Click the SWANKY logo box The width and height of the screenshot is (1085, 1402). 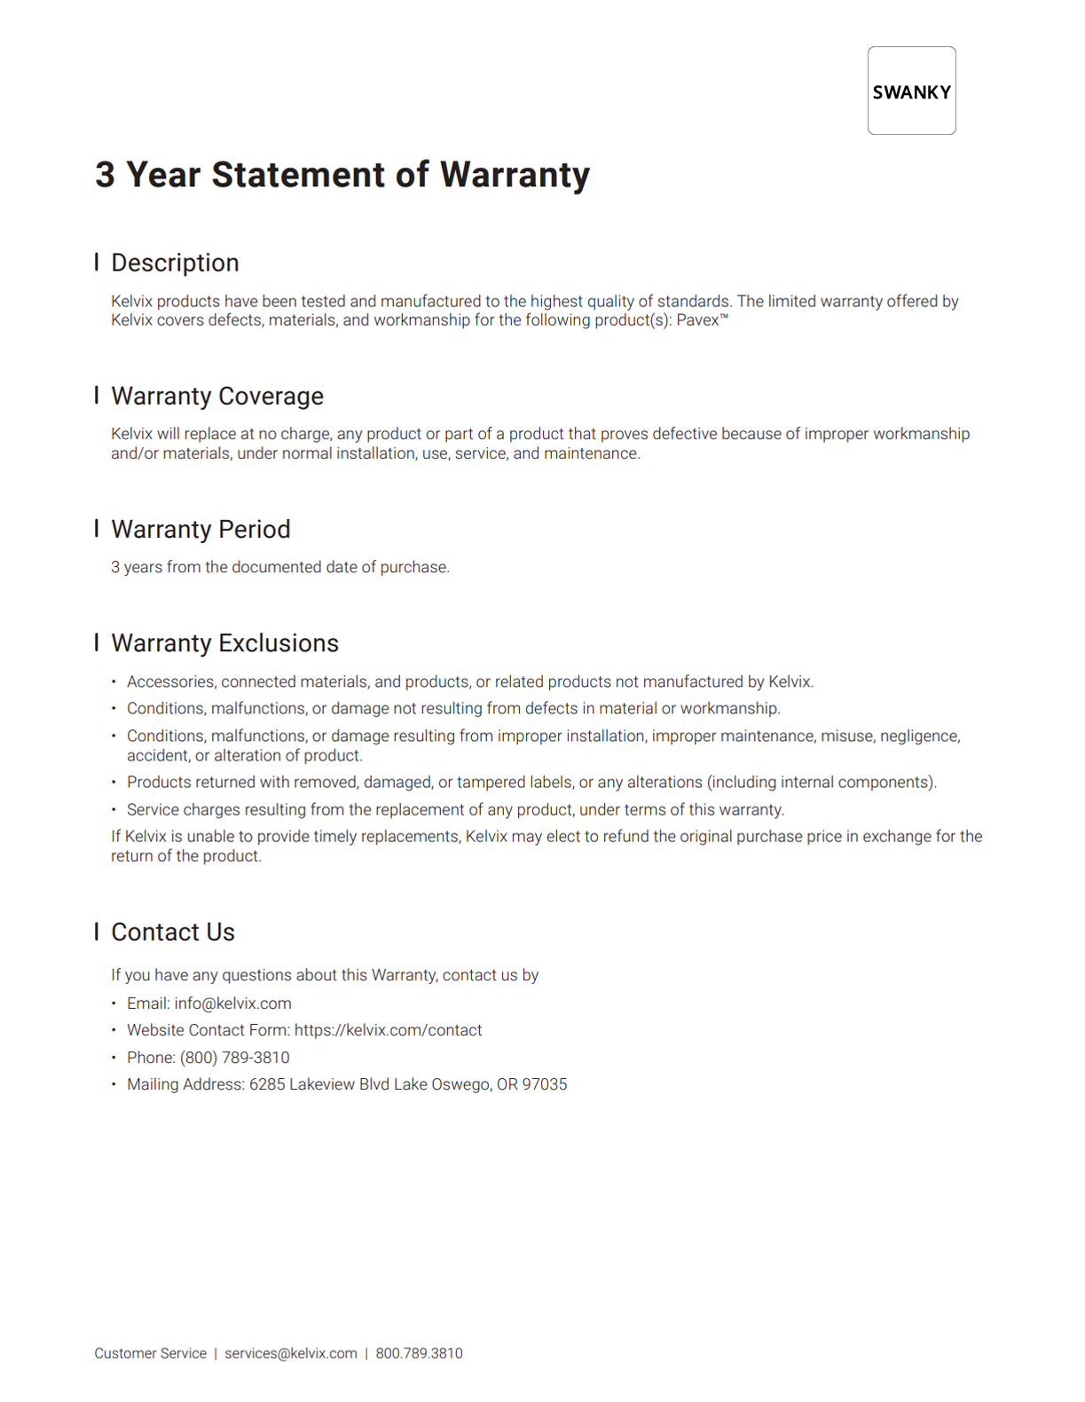tap(911, 91)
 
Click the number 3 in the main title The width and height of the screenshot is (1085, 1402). tap(105, 175)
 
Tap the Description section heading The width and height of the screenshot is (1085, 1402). tap(175, 263)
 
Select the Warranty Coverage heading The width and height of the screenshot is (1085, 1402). tap(216, 396)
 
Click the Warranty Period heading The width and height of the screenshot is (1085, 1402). tap(200, 529)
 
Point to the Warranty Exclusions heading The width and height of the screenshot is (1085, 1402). tap(224, 642)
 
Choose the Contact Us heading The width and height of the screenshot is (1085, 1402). tap(173, 932)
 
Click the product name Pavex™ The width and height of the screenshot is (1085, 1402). tap(702, 320)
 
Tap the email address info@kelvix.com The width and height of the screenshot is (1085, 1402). tap(232, 1004)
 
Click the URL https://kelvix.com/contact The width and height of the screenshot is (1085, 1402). tap(388, 1030)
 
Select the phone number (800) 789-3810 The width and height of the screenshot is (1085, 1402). tap(234, 1058)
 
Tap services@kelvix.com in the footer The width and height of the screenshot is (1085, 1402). tap(290, 1353)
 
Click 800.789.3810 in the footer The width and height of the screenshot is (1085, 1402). tap(419, 1353)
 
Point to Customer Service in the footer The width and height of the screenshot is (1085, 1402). tap(150, 1353)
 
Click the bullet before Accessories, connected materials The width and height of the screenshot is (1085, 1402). tap(114, 681)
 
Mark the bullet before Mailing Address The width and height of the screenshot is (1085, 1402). tap(114, 1084)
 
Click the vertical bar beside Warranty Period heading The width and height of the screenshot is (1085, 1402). tap(96, 528)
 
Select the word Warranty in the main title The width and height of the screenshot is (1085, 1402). tap(515, 175)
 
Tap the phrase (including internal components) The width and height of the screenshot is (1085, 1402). tap(821, 783)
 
